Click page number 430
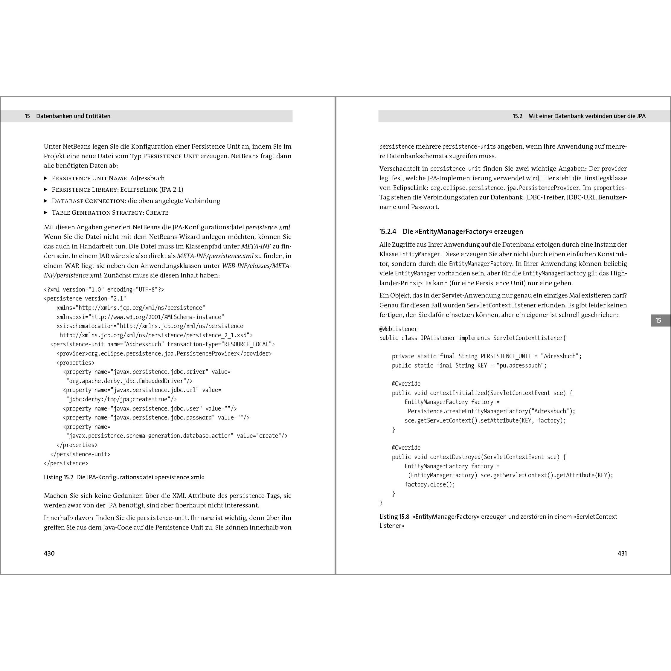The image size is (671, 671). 49,553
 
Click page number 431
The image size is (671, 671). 622,553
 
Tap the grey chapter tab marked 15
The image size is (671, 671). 658,320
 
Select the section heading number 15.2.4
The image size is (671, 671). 388,231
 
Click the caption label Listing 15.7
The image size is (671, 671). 58,477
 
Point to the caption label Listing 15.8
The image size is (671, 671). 394,516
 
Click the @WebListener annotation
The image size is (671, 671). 398,329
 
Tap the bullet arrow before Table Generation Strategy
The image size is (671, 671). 45,213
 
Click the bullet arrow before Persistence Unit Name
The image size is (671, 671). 45,178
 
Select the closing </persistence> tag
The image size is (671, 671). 66,463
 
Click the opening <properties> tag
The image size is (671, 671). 75,363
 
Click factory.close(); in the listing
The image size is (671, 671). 430,484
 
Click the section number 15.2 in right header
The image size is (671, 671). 518,116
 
